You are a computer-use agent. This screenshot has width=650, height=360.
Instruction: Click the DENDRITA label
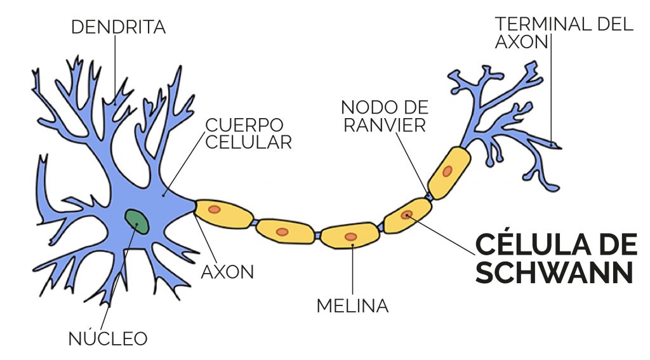point(119,27)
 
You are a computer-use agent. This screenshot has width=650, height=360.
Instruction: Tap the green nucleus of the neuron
point(138,222)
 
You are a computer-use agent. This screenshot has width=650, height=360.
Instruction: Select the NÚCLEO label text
point(108,338)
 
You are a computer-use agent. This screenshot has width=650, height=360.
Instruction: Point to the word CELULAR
point(248,142)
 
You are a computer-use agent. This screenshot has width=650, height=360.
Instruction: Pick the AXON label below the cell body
point(228,272)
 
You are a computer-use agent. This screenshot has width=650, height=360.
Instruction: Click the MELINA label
point(352,306)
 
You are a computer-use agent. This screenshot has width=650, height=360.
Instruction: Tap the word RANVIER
point(384,125)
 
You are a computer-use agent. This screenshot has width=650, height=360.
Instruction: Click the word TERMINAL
point(543,24)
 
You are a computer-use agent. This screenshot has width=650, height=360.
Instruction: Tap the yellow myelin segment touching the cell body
point(224,213)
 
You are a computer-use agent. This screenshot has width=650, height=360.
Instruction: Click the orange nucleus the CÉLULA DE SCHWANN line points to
point(407,215)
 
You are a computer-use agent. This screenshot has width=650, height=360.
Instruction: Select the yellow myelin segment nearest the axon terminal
point(449,172)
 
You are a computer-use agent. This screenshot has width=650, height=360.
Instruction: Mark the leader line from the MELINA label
point(352,270)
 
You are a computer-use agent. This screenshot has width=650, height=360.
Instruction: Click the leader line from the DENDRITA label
point(115,69)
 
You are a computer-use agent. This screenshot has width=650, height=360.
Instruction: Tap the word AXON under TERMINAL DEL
point(522,41)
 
